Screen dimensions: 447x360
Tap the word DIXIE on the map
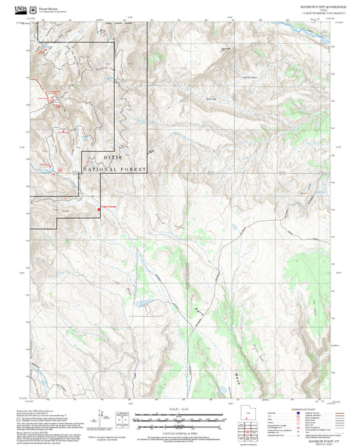tap(113, 157)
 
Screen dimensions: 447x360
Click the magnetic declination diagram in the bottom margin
tap(101, 419)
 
